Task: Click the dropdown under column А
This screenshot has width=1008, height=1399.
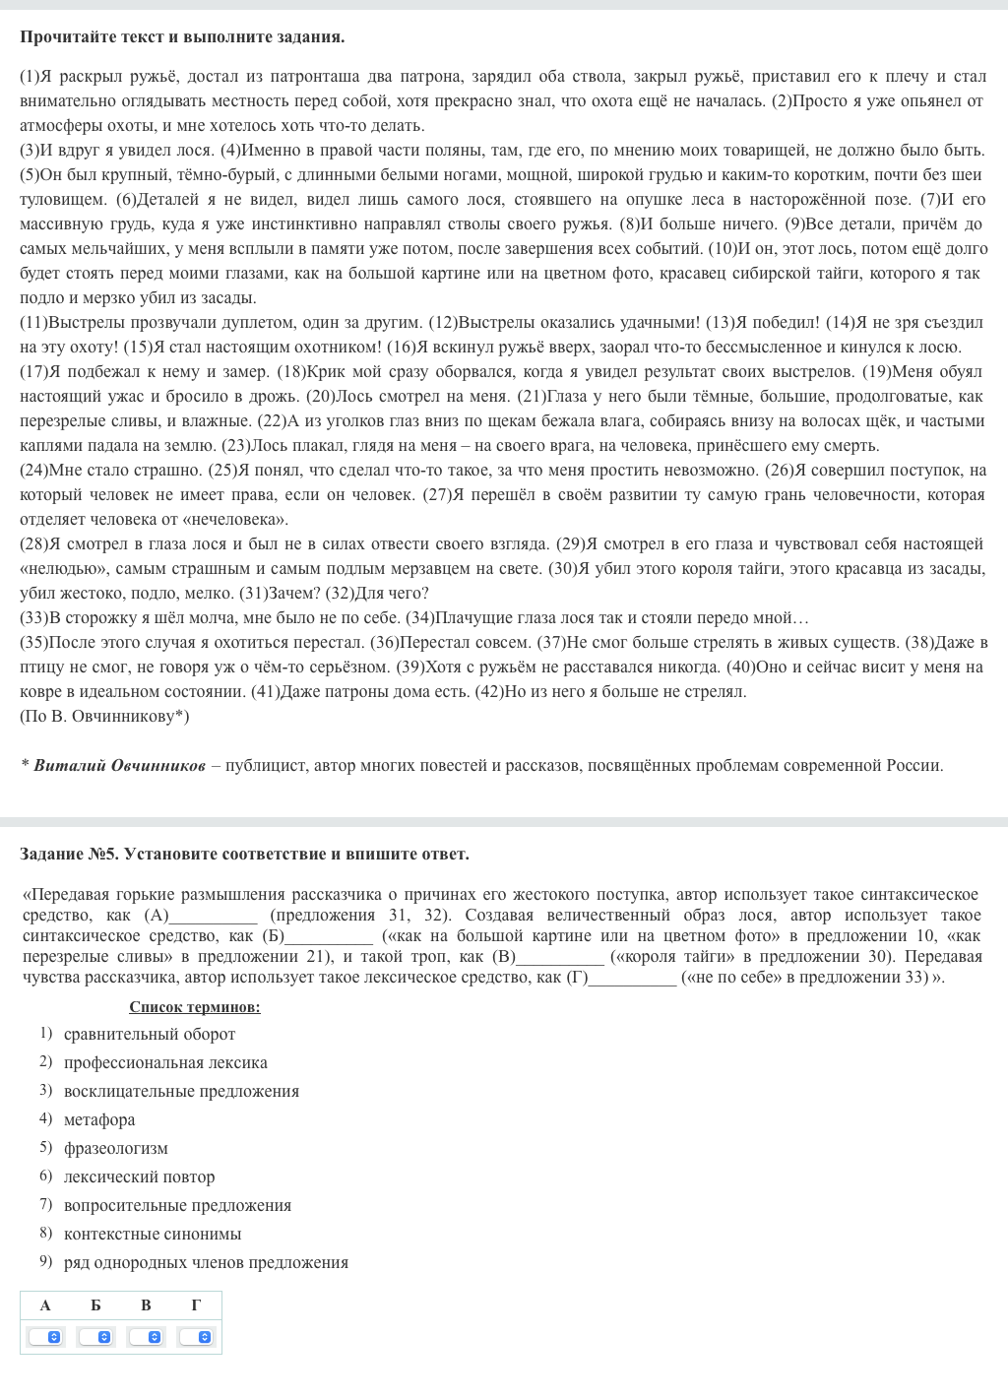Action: click(45, 1337)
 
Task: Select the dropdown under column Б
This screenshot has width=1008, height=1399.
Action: click(95, 1337)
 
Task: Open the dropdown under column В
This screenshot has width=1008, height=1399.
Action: click(146, 1337)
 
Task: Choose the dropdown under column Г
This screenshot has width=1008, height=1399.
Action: click(196, 1337)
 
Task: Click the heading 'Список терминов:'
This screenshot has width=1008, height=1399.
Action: click(194, 1006)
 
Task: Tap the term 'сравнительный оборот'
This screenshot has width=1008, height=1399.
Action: click(150, 1034)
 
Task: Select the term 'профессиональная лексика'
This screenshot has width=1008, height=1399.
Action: click(165, 1062)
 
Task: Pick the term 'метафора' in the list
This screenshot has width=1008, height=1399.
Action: click(99, 1119)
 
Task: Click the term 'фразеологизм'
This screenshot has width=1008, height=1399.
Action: click(116, 1148)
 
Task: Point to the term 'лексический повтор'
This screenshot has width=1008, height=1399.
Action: click(139, 1176)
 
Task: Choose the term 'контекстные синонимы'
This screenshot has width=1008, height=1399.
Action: click(153, 1234)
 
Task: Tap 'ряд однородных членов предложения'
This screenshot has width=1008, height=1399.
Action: click(206, 1262)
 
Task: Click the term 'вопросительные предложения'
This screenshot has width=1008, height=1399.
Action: click(177, 1205)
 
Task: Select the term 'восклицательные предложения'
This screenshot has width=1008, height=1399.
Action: click(181, 1091)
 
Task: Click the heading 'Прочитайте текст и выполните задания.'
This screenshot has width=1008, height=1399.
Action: click(182, 37)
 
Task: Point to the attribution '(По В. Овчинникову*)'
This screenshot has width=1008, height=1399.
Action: click(104, 716)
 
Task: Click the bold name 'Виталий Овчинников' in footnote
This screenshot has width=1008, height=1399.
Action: click(120, 765)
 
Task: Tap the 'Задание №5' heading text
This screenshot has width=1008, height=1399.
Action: click(69, 854)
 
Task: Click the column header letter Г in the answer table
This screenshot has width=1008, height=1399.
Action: click(196, 1305)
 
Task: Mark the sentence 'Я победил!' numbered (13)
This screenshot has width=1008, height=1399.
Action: click(763, 322)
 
